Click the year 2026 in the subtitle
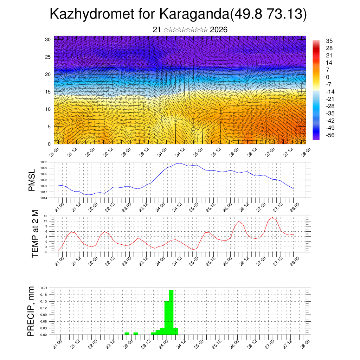(x=219, y=30)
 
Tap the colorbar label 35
(x=329, y=41)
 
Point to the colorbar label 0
(x=328, y=77)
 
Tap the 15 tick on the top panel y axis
(x=48, y=92)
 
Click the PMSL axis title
(x=32, y=180)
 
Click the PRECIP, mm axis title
(x=32, y=311)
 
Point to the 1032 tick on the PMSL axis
(x=44, y=162)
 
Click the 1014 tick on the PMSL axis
(x=44, y=198)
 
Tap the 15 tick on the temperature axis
(x=45, y=216)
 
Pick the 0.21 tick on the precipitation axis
(x=44, y=288)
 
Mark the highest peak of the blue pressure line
(x=180, y=163)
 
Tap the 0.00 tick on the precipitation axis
(x=44, y=335)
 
